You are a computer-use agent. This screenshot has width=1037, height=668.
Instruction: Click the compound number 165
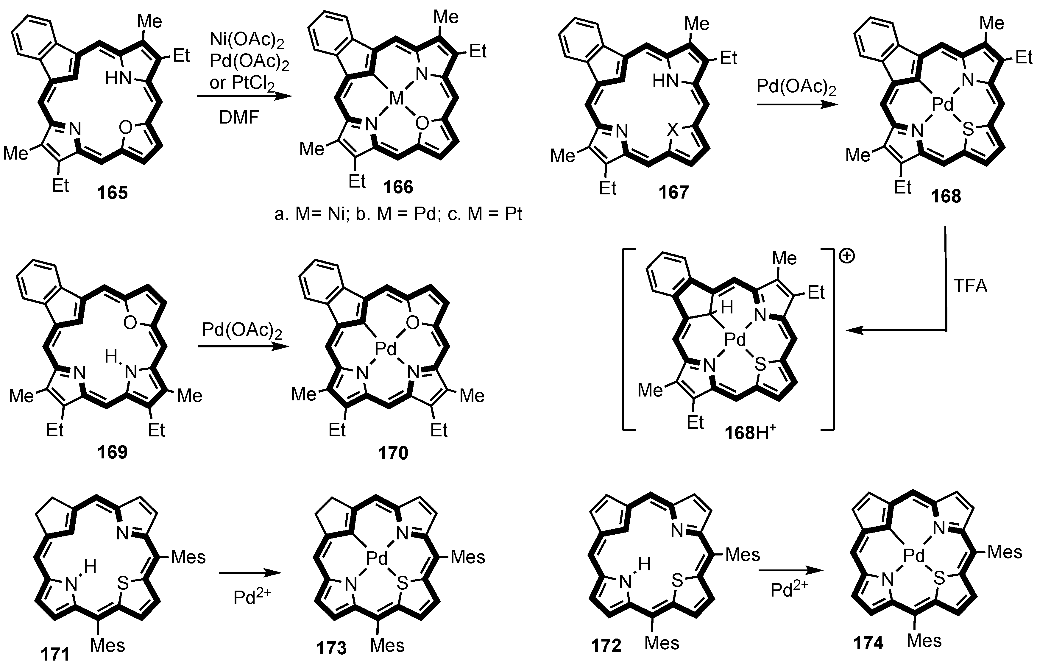coord(112,192)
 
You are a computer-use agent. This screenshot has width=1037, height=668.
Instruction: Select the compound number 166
coord(398,187)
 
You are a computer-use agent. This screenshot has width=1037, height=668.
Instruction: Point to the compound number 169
coord(112,452)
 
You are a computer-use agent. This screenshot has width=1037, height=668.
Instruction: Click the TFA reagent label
coord(970,287)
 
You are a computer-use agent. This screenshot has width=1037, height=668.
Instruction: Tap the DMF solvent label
coord(239,117)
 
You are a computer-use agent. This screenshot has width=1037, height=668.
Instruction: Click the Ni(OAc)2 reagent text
coord(247,40)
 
